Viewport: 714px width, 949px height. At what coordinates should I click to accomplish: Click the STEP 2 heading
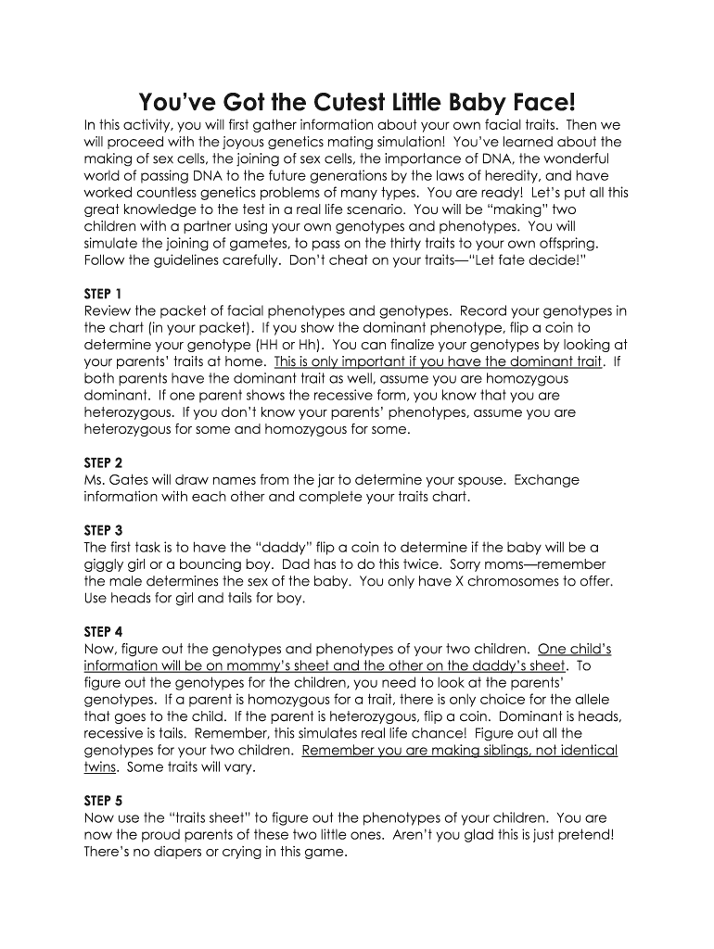pos(103,462)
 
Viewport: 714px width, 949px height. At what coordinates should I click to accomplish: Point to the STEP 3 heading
pos(103,530)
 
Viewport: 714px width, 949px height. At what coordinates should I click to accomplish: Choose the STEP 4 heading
pos(103,631)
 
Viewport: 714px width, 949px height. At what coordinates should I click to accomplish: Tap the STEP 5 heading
pos(103,800)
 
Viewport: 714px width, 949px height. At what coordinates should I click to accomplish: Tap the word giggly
pos(105,564)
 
